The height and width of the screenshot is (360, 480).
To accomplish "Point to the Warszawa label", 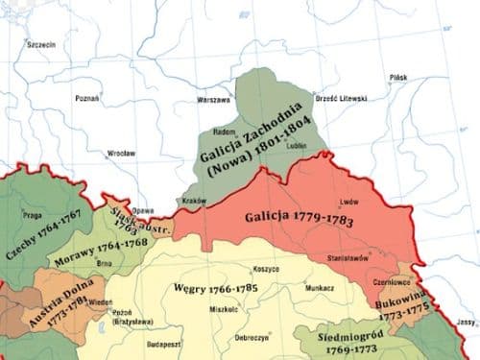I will [x=214, y=99].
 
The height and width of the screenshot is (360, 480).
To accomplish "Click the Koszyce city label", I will [x=264, y=272].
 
